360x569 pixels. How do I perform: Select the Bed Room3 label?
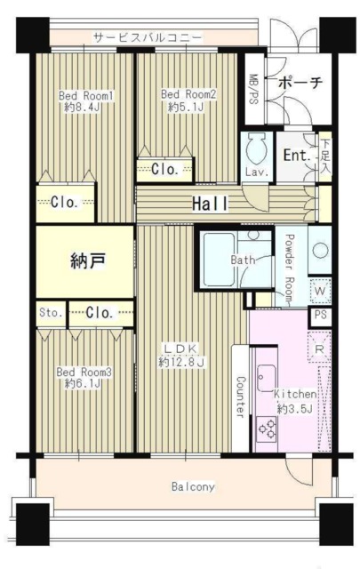pos(84,372)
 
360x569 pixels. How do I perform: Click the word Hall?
pos(210,204)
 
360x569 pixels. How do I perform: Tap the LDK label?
pos(182,347)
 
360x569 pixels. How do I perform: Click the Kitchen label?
pos(294,394)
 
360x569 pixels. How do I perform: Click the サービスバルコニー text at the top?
pos(148,38)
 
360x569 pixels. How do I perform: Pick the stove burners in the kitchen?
pos(268,429)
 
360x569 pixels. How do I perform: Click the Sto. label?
pos(49,312)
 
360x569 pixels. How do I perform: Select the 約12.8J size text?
pos(182,362)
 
